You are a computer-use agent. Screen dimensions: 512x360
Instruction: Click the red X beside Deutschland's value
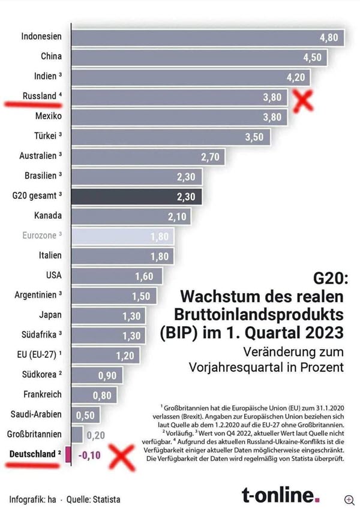[119, 456]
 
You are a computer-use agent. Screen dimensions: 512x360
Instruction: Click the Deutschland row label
[32, 454]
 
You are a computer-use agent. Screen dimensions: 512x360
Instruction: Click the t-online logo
[281, 495]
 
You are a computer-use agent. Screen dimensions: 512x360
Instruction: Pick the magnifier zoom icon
[349, 499]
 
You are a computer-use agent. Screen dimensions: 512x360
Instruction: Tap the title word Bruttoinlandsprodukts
[259, 314]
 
